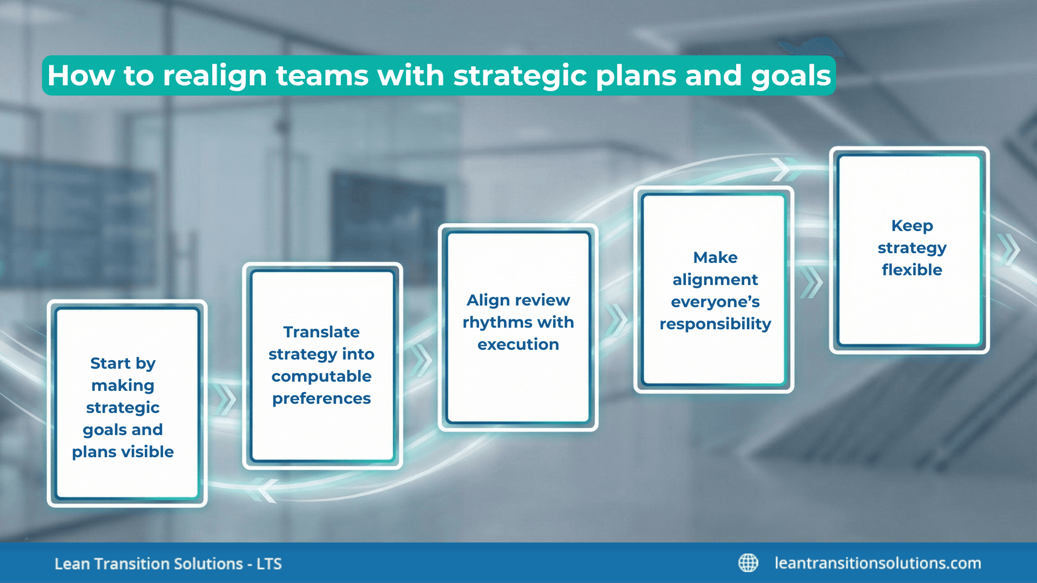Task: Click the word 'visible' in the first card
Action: pyautogui.click(x=147, y=451)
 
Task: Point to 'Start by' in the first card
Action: pyautogui.click(x=123, y=363)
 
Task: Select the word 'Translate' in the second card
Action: pyautogui.click(x=321, y=332)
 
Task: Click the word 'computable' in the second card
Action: pyautogui.click(x=321, y=376)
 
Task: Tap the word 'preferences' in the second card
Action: pyautogui.click(x=321, y=398)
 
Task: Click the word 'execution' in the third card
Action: pyautogui.click(x=518, y=344)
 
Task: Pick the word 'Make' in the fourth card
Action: pyautogui.click(x=715, y=257)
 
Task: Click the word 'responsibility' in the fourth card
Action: pyautogui.click(x=715, y=324)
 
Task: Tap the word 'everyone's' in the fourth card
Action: pyautogui.click(x=715, y=302)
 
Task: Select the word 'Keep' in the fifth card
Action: pyautogui.click(x=912, y=226)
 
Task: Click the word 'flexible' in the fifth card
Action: pyautogui.click(x=912, y=270)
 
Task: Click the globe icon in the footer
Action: pyautogui.click(x=748, y=563)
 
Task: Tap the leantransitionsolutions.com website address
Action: pyautogui.click(x=878, y=563)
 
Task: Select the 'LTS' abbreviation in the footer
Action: pyautogui.click(x=269, y=564)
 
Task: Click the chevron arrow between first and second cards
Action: pyautogui.click(x=226, y=400)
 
